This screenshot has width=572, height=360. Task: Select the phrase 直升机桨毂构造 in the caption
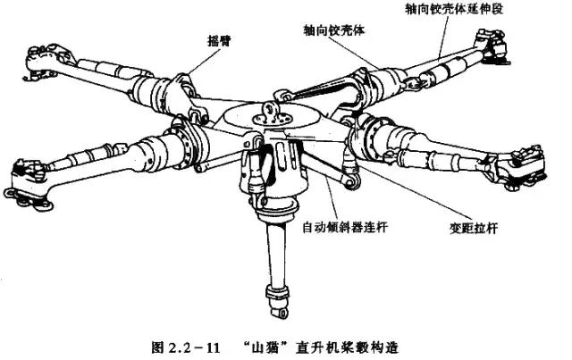(342, 343)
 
